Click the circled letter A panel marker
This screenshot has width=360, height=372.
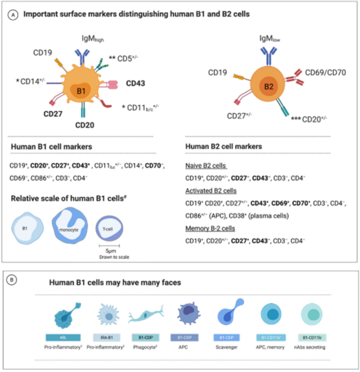point(12,15)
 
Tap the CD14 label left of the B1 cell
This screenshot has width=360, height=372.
point(32,82)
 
